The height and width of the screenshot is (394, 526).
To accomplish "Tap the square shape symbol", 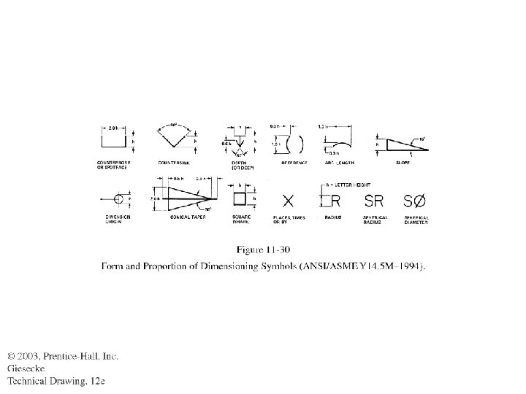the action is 239,198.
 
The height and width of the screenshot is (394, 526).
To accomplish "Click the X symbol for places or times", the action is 289,200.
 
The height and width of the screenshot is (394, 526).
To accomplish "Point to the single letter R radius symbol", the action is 336,200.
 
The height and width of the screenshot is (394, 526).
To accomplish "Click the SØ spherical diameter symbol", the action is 414,200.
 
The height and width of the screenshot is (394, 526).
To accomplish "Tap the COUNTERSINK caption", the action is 175,162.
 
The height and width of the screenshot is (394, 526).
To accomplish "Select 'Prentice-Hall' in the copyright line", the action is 72,355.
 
